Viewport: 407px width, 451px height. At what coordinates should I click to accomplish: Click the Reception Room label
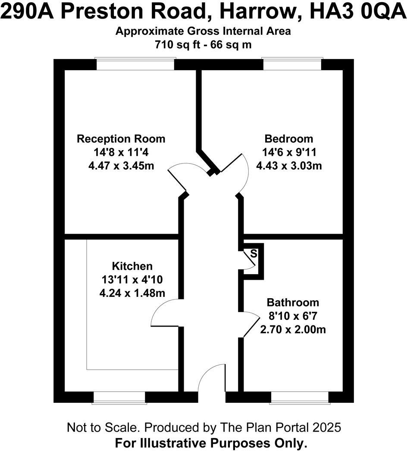click(x=121, y=139)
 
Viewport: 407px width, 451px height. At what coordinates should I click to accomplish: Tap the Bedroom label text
click(x=288, y=139)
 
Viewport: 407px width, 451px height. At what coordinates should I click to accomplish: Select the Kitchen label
click(x=132, y=266)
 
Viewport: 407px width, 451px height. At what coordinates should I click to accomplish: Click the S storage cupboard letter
click(x=254, y=253)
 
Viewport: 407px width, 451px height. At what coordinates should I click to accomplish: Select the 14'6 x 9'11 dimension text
click(x=288, y=152)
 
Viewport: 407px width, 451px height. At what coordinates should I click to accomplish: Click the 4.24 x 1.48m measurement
click(x=132, y=292)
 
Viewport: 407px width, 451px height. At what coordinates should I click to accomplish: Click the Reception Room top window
click(x=135, y=64)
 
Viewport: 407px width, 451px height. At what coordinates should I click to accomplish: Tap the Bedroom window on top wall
click(x=292, y=64)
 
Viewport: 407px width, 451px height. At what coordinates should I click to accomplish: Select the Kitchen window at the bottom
click(x=119, y=398)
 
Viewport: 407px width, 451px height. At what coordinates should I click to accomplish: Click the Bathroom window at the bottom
click(x=300, y=398)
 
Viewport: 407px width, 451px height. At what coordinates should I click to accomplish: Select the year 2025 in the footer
click(x=326, y=428)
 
